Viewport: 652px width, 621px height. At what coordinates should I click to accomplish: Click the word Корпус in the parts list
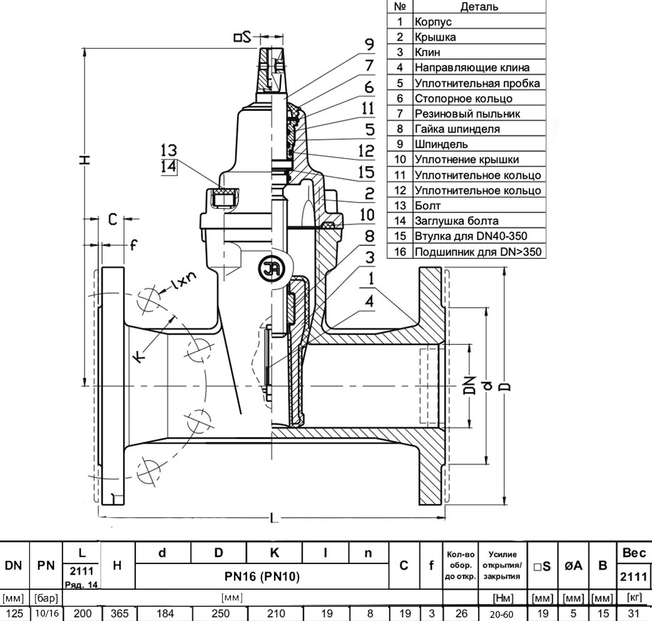coord(433,22)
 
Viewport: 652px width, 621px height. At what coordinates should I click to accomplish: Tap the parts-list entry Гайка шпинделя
coord(457,129)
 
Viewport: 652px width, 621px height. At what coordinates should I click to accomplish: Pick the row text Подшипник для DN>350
coord(478,251)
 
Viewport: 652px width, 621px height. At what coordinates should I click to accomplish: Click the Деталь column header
coord(479,6)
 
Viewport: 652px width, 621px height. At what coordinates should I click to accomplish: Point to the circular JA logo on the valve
coord(270,270)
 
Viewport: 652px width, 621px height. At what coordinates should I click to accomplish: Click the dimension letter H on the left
coord(85,159)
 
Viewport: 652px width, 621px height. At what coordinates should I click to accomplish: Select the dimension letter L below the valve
coord(273,518)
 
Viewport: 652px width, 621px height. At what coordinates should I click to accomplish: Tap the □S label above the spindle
coord(242,38)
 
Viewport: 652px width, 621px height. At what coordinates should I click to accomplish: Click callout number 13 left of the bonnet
coord(169,150)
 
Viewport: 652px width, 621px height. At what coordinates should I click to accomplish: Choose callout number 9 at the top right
coord(369,44)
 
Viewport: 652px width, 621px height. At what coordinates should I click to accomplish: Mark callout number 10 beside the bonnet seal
coord(367,215)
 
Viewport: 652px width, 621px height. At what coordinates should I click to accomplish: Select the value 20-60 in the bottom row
coord(501,614)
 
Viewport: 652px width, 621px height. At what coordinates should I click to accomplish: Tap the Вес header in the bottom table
coord(634,553)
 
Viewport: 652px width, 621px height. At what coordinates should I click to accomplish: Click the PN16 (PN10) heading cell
coord(262,576)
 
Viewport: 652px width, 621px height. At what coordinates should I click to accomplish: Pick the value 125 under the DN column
coord(14,613)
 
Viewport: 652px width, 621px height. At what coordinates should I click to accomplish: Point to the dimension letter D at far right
coord(505,386)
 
